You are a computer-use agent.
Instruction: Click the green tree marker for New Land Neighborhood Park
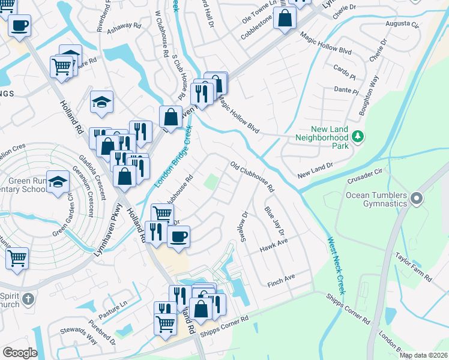point(357,137)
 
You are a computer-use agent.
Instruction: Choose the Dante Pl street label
point(346,90)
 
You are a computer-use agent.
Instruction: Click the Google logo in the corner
point(20,352)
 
